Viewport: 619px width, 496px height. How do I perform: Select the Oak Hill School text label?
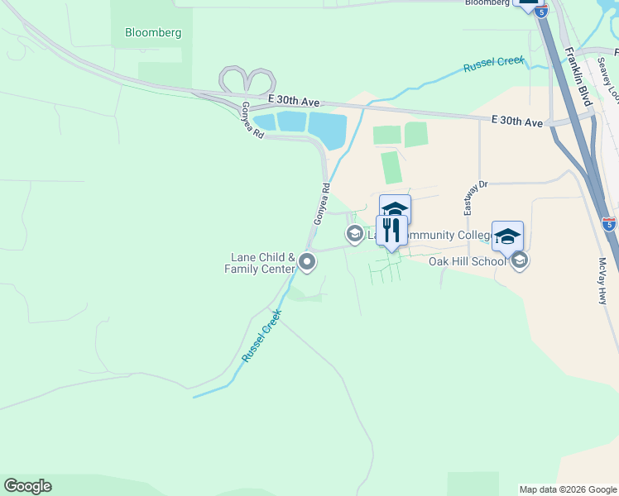pyautogui.click(x=468, y=261)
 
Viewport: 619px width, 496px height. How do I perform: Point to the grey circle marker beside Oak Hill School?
pyautogui.click(x=520, y=261)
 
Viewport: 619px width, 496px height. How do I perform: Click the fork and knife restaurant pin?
pyautogui.click(x=391, y=231)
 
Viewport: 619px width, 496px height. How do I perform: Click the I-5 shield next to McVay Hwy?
pyautogui.click(x=608, y=223)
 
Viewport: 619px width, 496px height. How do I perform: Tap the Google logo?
pyautogui.click(x=27, y=486)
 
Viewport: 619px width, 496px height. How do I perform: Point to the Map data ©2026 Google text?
pyautogui.click(x=568, y=489)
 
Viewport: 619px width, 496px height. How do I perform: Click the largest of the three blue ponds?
pyautogui.click(x=328, y=129)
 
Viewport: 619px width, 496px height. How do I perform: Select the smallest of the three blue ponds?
pyautogui.click(x=265, y=123)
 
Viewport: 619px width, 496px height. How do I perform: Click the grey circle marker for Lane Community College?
pyautogui.click(x=354, y=235)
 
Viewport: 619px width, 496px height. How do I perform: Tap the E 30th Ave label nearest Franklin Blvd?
pyautogui.click(x=516, y=122)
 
